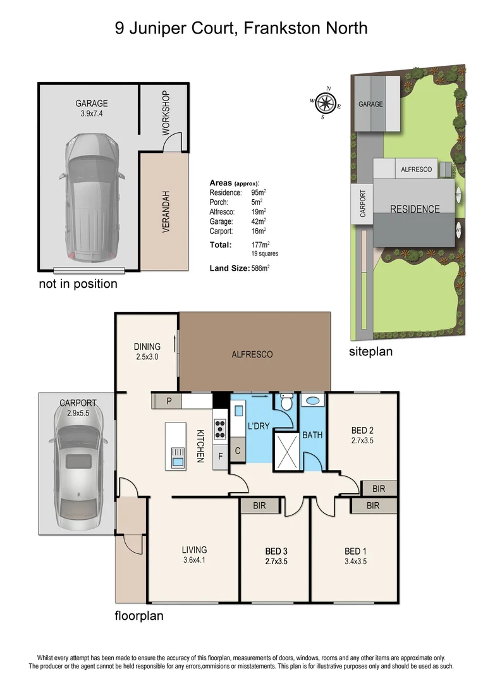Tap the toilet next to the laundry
click(286, 403)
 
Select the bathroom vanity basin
click(312, 400)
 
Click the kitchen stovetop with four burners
click(221, 429)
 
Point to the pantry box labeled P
click(169, 401)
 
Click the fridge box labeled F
click(220, 454)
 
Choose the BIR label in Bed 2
click(378, 488)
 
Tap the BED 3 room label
click(275, 551)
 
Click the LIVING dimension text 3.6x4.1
click(195, 560)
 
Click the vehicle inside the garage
click(92, 197)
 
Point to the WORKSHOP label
click(166, 113)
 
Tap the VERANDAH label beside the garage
click(166, 212)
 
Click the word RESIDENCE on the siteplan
click(414, 209)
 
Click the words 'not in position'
click(78, 284)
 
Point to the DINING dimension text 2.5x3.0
click(147, 357)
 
